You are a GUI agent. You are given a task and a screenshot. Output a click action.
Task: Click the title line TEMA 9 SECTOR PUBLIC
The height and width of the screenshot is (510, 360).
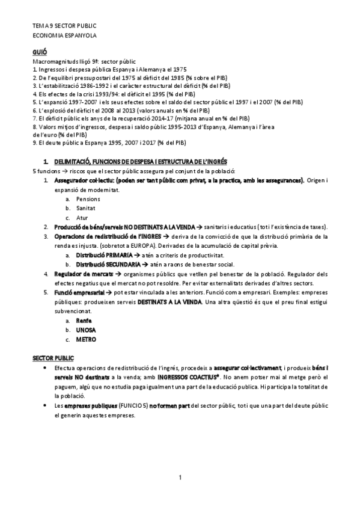point(64,27)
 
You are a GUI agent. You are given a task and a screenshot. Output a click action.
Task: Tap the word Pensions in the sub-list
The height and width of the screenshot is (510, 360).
point(88,198)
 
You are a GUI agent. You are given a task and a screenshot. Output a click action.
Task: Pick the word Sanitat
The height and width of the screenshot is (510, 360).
point(86,207)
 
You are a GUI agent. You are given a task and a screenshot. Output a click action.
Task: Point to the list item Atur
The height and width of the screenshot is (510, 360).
point(82,217)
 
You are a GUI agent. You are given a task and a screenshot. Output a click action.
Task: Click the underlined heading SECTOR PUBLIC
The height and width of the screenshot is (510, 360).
point(53,358)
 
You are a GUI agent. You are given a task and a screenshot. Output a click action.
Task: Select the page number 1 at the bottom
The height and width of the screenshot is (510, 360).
point(180,478)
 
